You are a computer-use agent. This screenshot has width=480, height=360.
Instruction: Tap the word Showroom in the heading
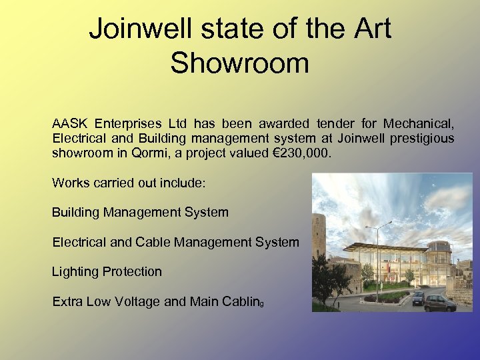pos(239,63)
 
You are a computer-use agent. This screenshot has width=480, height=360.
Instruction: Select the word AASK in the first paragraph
pos(70,123)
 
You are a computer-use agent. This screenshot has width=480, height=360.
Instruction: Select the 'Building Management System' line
pos(140,213)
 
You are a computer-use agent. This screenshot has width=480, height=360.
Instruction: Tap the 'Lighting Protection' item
pos(107,271)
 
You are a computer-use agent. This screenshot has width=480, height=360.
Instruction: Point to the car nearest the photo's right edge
pos(439,303)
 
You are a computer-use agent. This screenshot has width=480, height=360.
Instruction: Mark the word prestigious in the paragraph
pos(424,138)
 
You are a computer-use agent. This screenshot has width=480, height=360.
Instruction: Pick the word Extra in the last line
pos(67,301)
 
